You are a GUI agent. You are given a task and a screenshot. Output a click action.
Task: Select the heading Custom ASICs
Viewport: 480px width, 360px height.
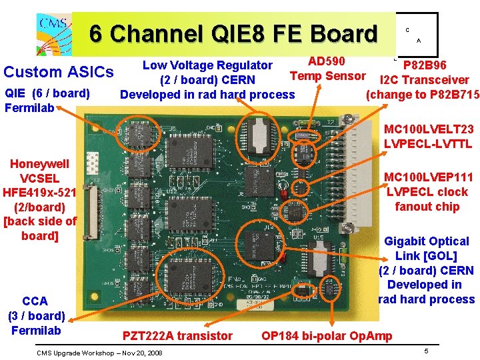coord(59,71)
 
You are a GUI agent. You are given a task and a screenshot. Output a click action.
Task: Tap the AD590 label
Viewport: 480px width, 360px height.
coord(326,61)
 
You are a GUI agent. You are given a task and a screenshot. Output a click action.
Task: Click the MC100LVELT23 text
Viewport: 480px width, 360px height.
coord(429,129)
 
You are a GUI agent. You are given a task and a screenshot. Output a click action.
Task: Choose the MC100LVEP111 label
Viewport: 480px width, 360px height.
coord(429,177)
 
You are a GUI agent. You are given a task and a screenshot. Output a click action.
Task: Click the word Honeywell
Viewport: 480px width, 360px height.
coord(39,163)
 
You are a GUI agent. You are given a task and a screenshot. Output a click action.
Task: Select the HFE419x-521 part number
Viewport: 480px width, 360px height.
coord(40,192)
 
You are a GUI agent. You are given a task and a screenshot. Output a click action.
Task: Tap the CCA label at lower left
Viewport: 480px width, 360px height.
coord(35,301)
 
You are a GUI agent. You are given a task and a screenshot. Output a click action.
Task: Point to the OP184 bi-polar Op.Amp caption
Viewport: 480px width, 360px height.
coord(327,335)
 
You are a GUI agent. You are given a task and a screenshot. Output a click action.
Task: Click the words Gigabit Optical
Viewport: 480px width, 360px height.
coord(427,241)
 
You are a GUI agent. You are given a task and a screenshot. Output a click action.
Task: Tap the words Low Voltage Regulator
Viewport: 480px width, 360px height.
coord(207,65)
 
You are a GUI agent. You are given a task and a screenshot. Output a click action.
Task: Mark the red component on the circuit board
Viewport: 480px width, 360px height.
coord(283,194)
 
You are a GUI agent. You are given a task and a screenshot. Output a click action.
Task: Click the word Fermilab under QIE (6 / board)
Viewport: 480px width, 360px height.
coord(29,107)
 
